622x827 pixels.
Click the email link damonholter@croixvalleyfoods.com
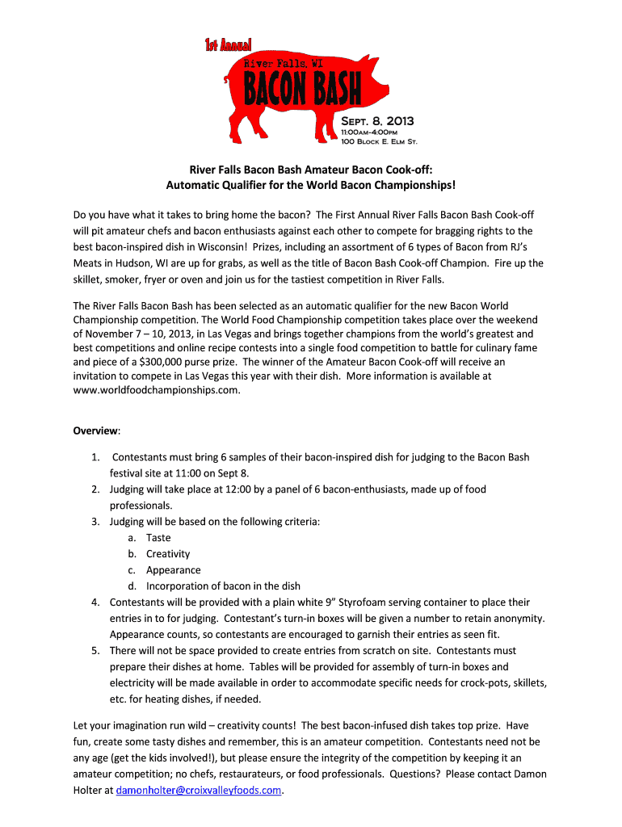(199, 790)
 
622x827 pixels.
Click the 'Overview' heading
(96, 431)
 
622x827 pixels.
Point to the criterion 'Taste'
(158, 538)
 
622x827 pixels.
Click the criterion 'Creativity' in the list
(168, 554)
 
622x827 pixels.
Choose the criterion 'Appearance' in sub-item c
(173, 570)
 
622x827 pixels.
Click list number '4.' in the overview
(95, 602)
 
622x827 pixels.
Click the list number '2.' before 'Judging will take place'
(95, 489)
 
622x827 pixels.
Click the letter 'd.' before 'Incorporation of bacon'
(132, 586)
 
